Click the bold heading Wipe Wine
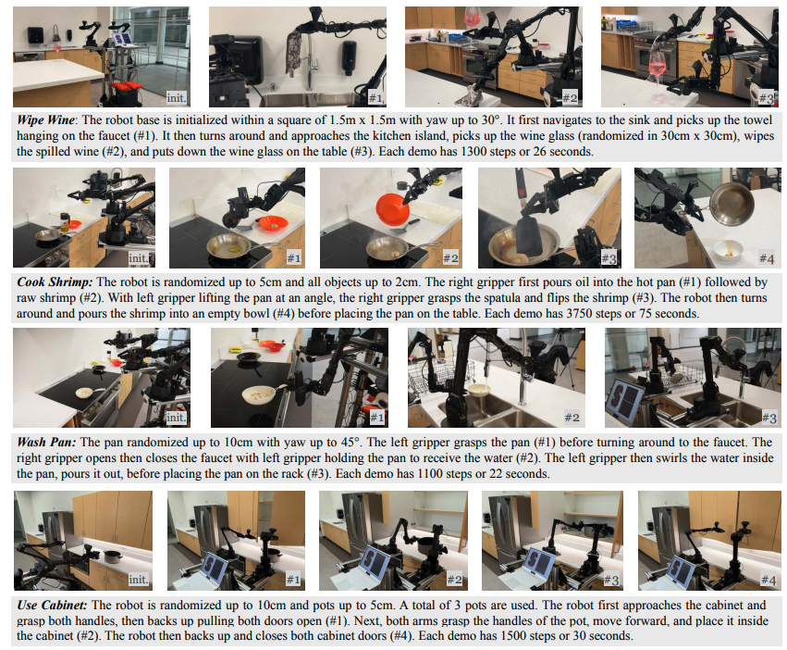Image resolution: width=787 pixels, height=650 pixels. coord(45,120)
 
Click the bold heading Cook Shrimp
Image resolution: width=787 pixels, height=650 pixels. coord(55,282)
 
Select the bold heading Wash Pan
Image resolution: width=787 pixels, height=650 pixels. coord(46,443)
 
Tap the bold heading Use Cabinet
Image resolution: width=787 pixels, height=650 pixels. coord(52,605)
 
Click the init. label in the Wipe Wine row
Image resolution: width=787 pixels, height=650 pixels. coord(176,97)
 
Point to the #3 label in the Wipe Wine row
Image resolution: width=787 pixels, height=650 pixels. coord(766,98)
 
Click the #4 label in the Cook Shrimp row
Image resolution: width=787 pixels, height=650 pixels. coord(767,258)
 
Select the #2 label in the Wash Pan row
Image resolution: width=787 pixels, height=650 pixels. coord(572,418)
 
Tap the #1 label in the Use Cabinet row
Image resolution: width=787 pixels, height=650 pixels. coord(293,580)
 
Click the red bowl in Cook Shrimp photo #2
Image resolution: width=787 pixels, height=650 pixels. coord(392,210)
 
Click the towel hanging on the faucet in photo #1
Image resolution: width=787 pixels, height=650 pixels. coord(293,52)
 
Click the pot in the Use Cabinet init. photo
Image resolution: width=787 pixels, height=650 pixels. coord(113,556)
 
